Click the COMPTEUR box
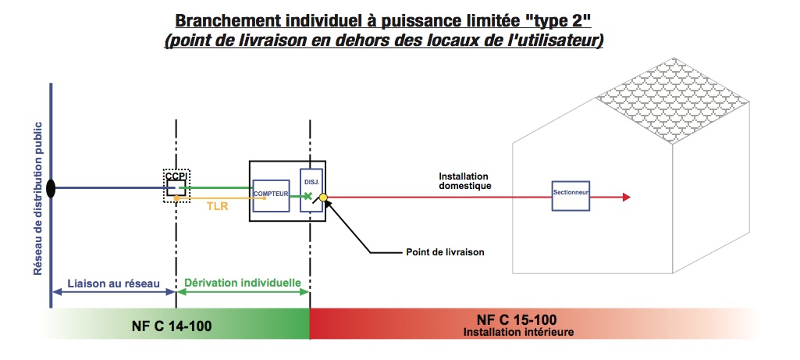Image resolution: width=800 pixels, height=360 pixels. coord(271,195)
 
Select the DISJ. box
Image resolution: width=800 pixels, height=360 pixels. coord(311,190)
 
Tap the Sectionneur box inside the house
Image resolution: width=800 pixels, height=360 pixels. coord(571,195)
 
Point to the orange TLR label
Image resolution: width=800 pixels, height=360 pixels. coord(217,207)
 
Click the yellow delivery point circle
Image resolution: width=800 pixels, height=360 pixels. coord(323,197)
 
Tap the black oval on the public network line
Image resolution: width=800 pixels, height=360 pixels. coord(51,188)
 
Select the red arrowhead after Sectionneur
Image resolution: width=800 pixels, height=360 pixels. coord(627,197)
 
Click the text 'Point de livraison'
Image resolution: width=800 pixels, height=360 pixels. coord(445,252)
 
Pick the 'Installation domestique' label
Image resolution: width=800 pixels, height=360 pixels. coord(465,181)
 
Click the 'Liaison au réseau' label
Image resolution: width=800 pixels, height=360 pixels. coord(114,283)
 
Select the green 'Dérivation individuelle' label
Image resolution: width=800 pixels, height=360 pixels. coord(243,283)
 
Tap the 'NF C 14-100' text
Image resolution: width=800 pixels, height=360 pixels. coord(172,326)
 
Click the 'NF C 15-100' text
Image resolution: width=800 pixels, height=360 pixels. coord(517,319)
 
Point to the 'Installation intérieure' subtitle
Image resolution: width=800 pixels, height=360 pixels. coord(518,332)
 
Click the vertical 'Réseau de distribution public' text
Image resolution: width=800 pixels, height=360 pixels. coord(37,198)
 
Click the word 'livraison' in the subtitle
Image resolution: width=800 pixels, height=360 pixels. coord(280,41)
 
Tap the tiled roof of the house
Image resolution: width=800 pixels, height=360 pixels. coord(673,101)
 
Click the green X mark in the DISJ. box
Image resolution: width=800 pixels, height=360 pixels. coord(308,195)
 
